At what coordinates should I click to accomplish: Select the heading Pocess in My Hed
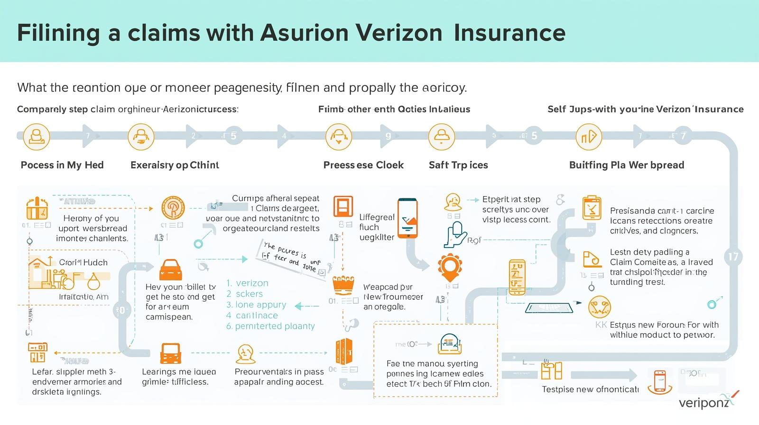click(x=62, y=165)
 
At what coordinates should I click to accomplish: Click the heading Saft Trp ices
click(x=458, y=165)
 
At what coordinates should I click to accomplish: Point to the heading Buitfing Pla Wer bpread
click(x=626, y=165)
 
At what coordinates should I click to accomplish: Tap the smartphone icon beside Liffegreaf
click(x=407, y=218)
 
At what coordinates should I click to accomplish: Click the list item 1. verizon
click(x=247, y=283)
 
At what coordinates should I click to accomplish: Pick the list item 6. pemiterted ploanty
click(x=270, y=326)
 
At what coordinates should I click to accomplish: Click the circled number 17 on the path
click(x=733, y=257)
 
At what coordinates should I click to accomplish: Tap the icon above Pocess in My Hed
click(x=36, y=137)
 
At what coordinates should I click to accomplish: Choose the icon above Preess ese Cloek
click(x=339, y=137)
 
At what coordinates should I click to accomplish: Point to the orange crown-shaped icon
click(x=344, y=285)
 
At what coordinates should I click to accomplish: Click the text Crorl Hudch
click(x=83, y=262)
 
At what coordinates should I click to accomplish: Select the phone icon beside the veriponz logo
click(x=660, y=381)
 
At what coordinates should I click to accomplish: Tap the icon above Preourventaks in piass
click(x=245, y=354)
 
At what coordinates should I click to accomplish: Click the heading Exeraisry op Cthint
click(x=175, y=165)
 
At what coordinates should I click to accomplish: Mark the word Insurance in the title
click(x=509, y=33)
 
